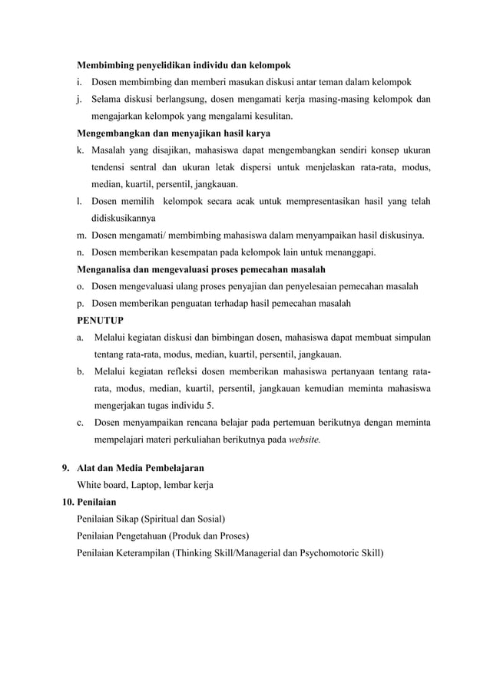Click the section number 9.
[x=65, y=467]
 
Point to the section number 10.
[x=69, y=501]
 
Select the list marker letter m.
[x=81, y=235]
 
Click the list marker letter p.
[x=81, y=303]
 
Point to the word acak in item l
[x=250, y=202]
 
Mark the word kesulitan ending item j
[x=270, y=116]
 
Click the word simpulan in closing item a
[x=411, y=337]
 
